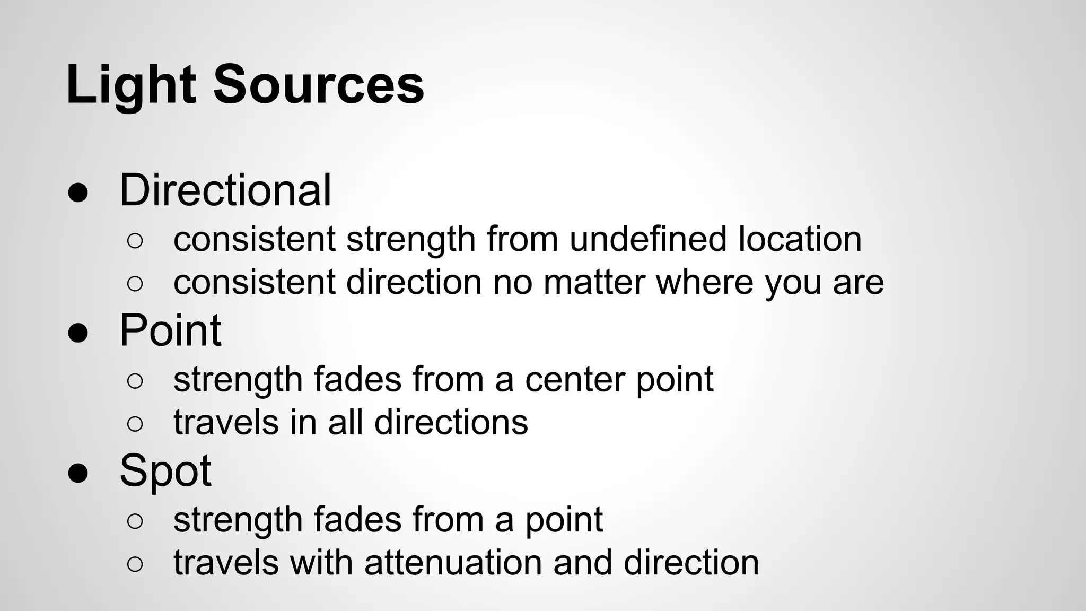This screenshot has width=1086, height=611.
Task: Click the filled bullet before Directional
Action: [x=78, y=194]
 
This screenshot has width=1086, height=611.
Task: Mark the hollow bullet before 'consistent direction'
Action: [x=135, y=284]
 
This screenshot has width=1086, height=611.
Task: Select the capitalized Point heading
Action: [x=170, y=330]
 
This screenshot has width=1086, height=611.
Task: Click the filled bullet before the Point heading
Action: [x=78, y=334]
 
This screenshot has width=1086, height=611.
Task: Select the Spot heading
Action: [x=165, y=471]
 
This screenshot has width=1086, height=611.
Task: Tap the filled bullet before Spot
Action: [x=78, y=474]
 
